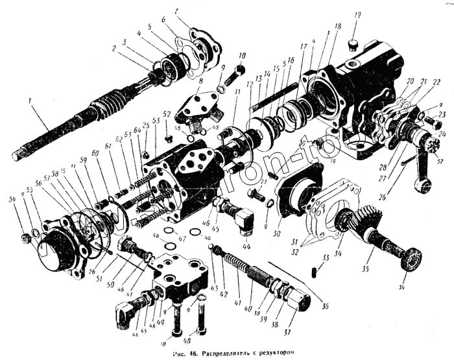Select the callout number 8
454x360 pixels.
(x=200, y=81)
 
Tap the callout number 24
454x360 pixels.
(x=443, y=133)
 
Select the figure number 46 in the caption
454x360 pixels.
(x=193, y=353)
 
